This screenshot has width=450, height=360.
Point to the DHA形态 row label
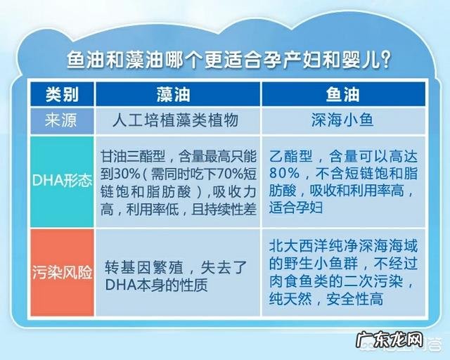[62, 180]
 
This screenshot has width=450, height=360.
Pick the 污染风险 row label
[62, 271]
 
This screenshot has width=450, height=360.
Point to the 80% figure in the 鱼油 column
[283, 172]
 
